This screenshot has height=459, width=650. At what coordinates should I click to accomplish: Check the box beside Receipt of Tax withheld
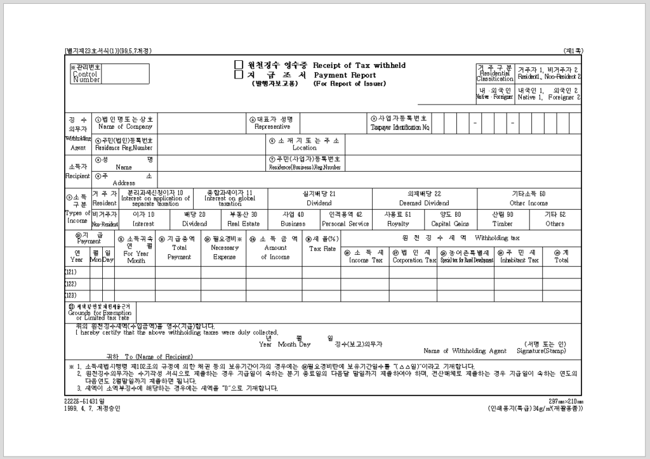[239, 65]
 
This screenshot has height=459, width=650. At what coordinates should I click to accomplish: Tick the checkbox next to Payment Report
[239, 74]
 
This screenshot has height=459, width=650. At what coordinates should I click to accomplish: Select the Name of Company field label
[125, 127]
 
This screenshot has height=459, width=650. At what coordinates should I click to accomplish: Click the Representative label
[272, 127]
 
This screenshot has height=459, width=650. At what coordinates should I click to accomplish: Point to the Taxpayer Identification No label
[401, 127]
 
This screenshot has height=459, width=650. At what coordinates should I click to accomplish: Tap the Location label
[305, 148]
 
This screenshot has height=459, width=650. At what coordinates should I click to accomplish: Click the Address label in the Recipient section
[124, 183]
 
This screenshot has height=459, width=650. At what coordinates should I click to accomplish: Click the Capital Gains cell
[450, 224]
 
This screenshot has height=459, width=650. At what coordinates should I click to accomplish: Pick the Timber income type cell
[502, 224]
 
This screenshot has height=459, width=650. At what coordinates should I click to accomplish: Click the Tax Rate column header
[322, 249]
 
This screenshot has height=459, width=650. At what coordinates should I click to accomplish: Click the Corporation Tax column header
[415, 260]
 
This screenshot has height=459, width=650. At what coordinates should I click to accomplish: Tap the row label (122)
[70, 283]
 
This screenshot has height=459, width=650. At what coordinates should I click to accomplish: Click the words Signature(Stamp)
[541, 351]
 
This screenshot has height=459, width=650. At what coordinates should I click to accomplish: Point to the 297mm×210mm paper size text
[566, 402]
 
